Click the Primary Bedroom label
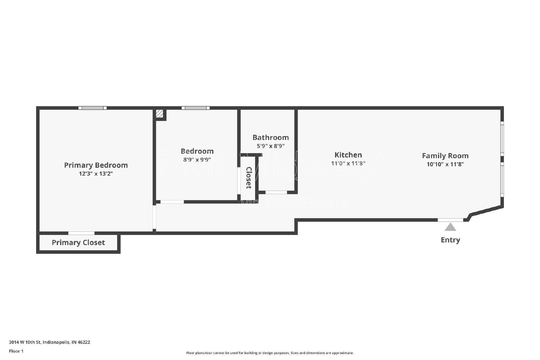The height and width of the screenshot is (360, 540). click(x=96, y=165)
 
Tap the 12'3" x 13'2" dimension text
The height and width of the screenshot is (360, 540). click(x=96, y=174)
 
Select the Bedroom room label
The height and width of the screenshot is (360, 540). click(x=197, y=151)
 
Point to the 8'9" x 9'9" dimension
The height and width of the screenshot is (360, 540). click(x=197, y=160)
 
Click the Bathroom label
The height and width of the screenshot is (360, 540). click(x=271, y=137)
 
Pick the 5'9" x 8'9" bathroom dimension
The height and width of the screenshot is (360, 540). click(x=271, y=146)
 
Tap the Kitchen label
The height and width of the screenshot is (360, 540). click(x=348, y=155)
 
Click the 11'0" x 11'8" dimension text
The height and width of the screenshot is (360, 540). click(x=348, y=164)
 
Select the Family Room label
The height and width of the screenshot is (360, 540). click(x=445, y=156)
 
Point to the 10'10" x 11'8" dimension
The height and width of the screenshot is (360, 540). click(x=445, y=164)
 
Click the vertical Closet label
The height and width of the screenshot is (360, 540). click(x=249, y=177)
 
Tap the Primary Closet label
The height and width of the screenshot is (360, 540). click(x=78, y=243)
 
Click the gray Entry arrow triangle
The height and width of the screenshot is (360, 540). click(x=450, y=227)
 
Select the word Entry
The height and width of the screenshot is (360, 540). click(x=450, y=240)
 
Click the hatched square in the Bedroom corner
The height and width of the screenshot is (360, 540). click(x=160, y=114)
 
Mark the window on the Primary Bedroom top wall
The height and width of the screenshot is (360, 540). click(x=92, y=108)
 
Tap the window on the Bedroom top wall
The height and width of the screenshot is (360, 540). click(x=195, y=108)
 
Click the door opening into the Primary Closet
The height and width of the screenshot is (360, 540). click(x=81, y=233)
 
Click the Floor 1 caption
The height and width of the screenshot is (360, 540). click(x=16, y=351)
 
